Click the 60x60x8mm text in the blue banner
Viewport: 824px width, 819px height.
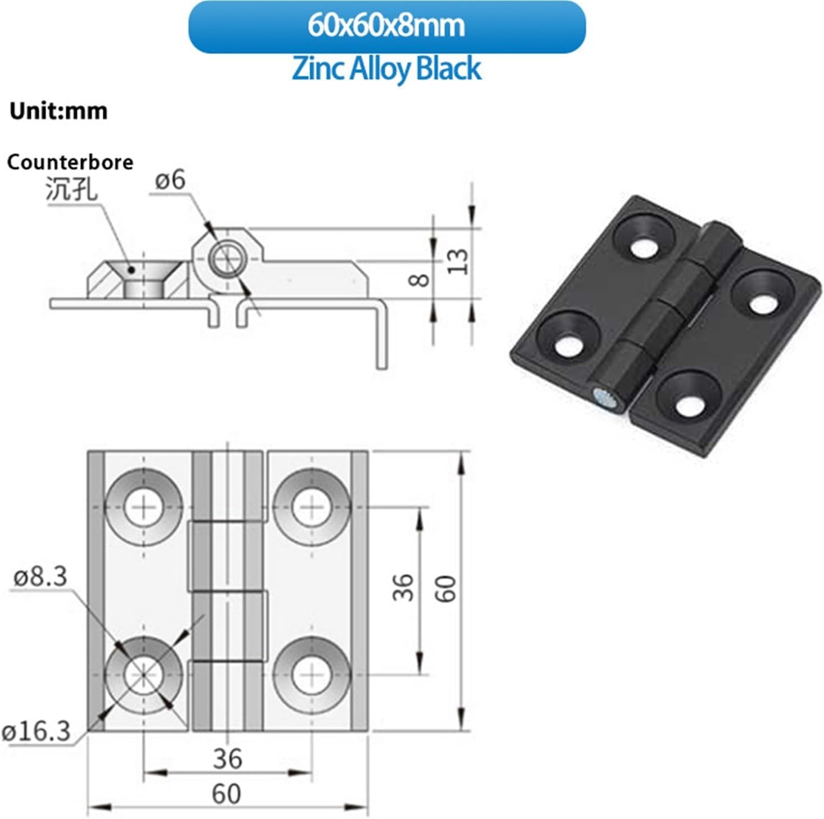click(x=386, y=26)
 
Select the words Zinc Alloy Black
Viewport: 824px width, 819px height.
click(x=386, y=69)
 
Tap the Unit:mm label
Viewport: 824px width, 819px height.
click(x=58, y=111)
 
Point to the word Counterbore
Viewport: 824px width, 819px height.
click(x=70, y=162)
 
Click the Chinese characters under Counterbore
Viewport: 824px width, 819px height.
click(x=71, y=189)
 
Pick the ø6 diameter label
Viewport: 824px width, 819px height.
click(x=170, y=181)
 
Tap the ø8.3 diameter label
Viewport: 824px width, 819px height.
click(x=40, y=577)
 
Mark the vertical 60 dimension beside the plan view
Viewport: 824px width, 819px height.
click(x=447, y=588)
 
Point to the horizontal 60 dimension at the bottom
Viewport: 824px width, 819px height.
click(x=226, y=794)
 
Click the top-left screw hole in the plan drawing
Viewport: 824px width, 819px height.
click(x=144, y=507)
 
